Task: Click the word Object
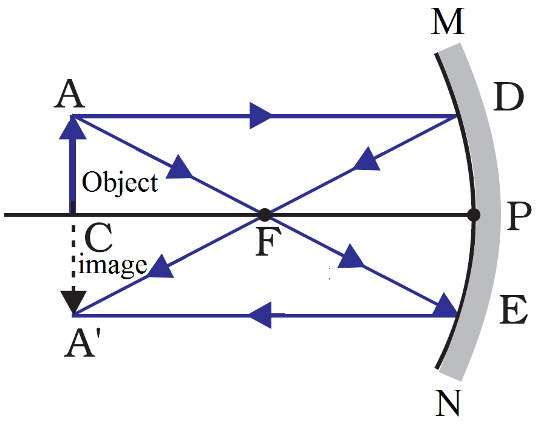coord(120,182)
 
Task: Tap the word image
coord(114,265)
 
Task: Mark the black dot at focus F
coord(264,214)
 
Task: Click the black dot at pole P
coord(474,214)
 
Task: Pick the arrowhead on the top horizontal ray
coord(261,115)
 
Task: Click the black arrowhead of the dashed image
coord(73,301)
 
